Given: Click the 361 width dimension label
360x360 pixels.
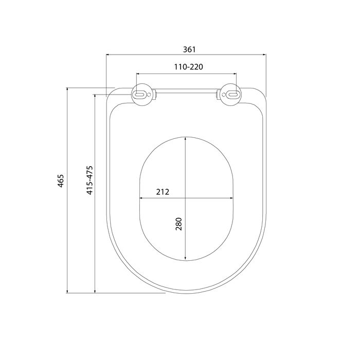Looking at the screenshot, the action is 189,49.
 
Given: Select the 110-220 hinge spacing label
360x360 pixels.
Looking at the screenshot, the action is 189,67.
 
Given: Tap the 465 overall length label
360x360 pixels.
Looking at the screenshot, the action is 61,181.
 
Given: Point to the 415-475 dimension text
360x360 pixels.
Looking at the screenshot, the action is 89,180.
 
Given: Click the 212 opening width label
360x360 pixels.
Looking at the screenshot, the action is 163,192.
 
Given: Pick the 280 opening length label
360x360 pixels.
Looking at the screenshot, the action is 178,224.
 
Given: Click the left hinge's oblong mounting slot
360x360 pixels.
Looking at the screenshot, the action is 139,94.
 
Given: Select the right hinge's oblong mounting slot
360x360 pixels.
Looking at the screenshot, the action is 233,94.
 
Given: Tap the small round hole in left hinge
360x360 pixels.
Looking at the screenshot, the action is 149,94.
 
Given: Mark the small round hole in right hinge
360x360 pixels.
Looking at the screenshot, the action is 223,94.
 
